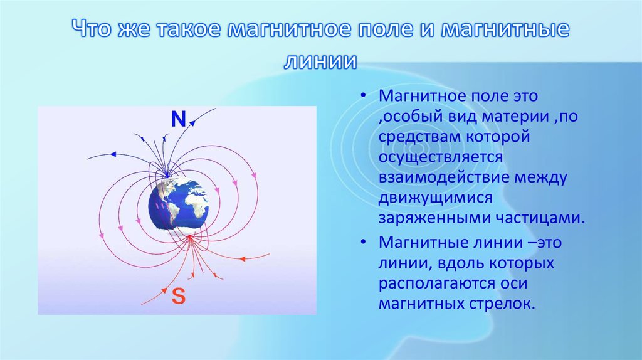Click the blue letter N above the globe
(x=178, y=119)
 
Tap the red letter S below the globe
(x=179, y=295)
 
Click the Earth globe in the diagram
(x=178, y=204)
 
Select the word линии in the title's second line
(x=320, y=61)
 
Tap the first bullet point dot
(x=362, y=96)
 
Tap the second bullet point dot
(x=362, y=243)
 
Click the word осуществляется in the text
(x=441, y=157)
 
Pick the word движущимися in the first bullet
(x=435, y=198)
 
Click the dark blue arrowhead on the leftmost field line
(x=113, y=154)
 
